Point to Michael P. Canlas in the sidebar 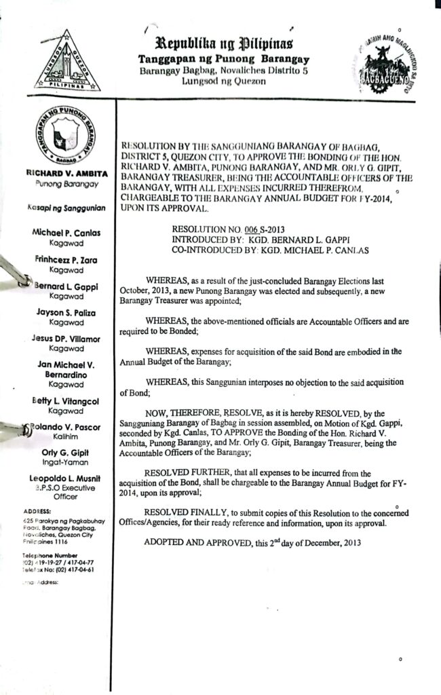click(x=66, y=233)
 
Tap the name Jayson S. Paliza click(x=66, y=312)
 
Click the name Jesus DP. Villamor click(x=66, y=338)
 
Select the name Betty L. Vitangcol click(x=66, y=401)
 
